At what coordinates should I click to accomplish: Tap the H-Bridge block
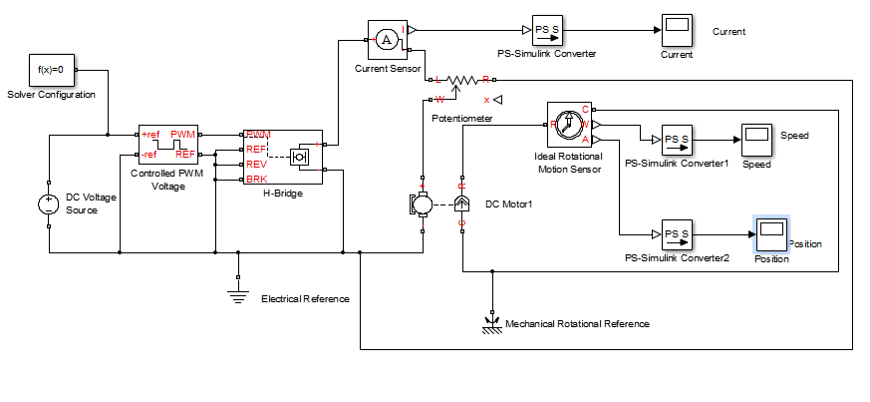tap(282, 157)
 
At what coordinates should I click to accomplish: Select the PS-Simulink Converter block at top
tap(547, 30)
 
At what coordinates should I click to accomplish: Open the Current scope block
tap(676, 30)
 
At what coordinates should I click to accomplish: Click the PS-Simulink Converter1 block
tap(677, 139)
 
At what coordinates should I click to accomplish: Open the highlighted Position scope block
tap(770, 234)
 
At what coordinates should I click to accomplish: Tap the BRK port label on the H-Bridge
tap(256, 179)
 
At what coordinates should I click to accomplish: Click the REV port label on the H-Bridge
tap(256, 164)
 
